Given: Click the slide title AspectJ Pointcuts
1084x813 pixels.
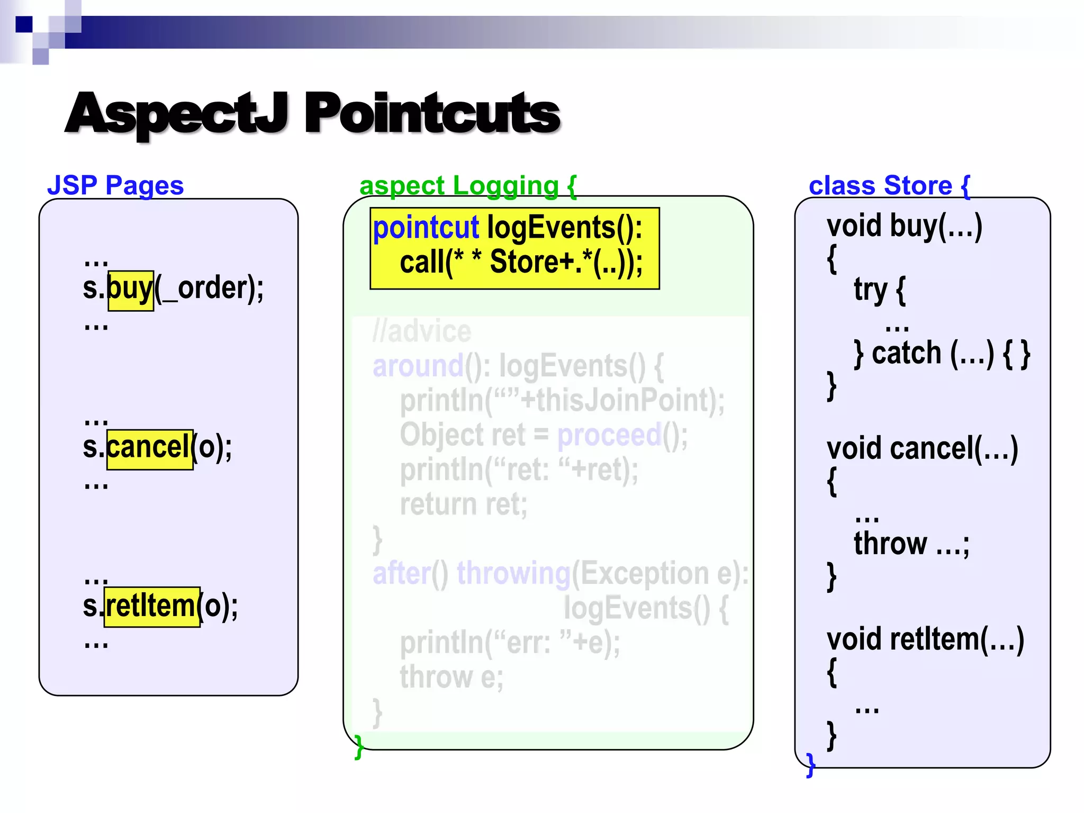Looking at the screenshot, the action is (x=312, y=113).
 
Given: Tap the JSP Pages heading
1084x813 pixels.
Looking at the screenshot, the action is (x=115, y=185).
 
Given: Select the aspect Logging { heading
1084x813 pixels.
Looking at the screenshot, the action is (x=467, y=186).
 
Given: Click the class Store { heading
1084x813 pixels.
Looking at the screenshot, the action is (x=889, y=186).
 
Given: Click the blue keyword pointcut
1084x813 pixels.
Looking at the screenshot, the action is (x=426, y=228).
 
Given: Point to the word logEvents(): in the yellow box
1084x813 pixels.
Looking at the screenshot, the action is (x=564, y=228).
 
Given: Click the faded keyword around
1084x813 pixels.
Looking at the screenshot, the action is (x=418, y=366).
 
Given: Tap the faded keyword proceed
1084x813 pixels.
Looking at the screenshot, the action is (x=609, y=435).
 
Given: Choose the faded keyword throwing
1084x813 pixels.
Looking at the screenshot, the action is (x=513, y=573).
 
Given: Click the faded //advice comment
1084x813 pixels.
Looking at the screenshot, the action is (x=422, y=332).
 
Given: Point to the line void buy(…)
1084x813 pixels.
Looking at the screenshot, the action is (x=905, y=226).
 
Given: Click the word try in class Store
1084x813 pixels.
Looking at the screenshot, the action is (x=870, y=290).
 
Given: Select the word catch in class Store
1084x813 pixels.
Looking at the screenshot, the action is (x=907, y=353).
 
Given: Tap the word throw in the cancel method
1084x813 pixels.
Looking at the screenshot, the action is (x=890, y=544).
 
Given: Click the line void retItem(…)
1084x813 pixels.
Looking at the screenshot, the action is (x=925, y=639).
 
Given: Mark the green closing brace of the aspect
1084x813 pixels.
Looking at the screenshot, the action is (x=359, y=746).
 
